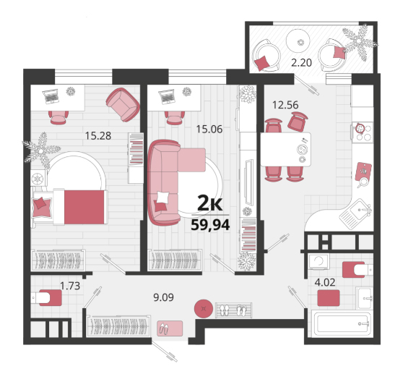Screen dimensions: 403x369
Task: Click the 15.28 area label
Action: click(x=98, y=136)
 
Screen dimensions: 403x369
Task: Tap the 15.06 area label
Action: click(x=209, y=129)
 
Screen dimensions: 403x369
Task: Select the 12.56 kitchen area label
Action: click(x=285, y=105)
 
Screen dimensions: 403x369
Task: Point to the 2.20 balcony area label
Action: click(x=301, y=62)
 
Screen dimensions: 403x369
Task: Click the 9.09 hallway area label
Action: click(x=163, y=297)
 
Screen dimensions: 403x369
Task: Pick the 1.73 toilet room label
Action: click(x=70, y=286)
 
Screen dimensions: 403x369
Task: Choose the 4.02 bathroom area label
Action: click(x=325, y=282)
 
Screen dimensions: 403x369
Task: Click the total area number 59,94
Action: click(x=210, y=225)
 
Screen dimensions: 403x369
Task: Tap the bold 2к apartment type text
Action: click(x=209, y=204)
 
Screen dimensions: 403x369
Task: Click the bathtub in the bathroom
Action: click(x=342, y=323)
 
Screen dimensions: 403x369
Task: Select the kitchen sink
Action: click(x=356, y=213)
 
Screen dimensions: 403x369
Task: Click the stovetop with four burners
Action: click(x=363, y=132)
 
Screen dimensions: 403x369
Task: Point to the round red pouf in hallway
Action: click(x=204, y=308)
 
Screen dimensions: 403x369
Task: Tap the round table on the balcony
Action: click(x=298, y=41)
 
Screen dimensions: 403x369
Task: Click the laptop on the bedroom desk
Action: click(x=51, y=96)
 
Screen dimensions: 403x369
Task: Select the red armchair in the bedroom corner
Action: click(x=123, y=104)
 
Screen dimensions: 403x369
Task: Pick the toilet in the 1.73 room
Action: click(x=47, y=297)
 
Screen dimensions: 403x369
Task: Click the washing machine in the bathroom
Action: click(x=319, y=261)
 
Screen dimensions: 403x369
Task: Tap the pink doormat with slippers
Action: click(x=170, y=328)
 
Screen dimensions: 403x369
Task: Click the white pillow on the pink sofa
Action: click(x=162, y=198)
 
